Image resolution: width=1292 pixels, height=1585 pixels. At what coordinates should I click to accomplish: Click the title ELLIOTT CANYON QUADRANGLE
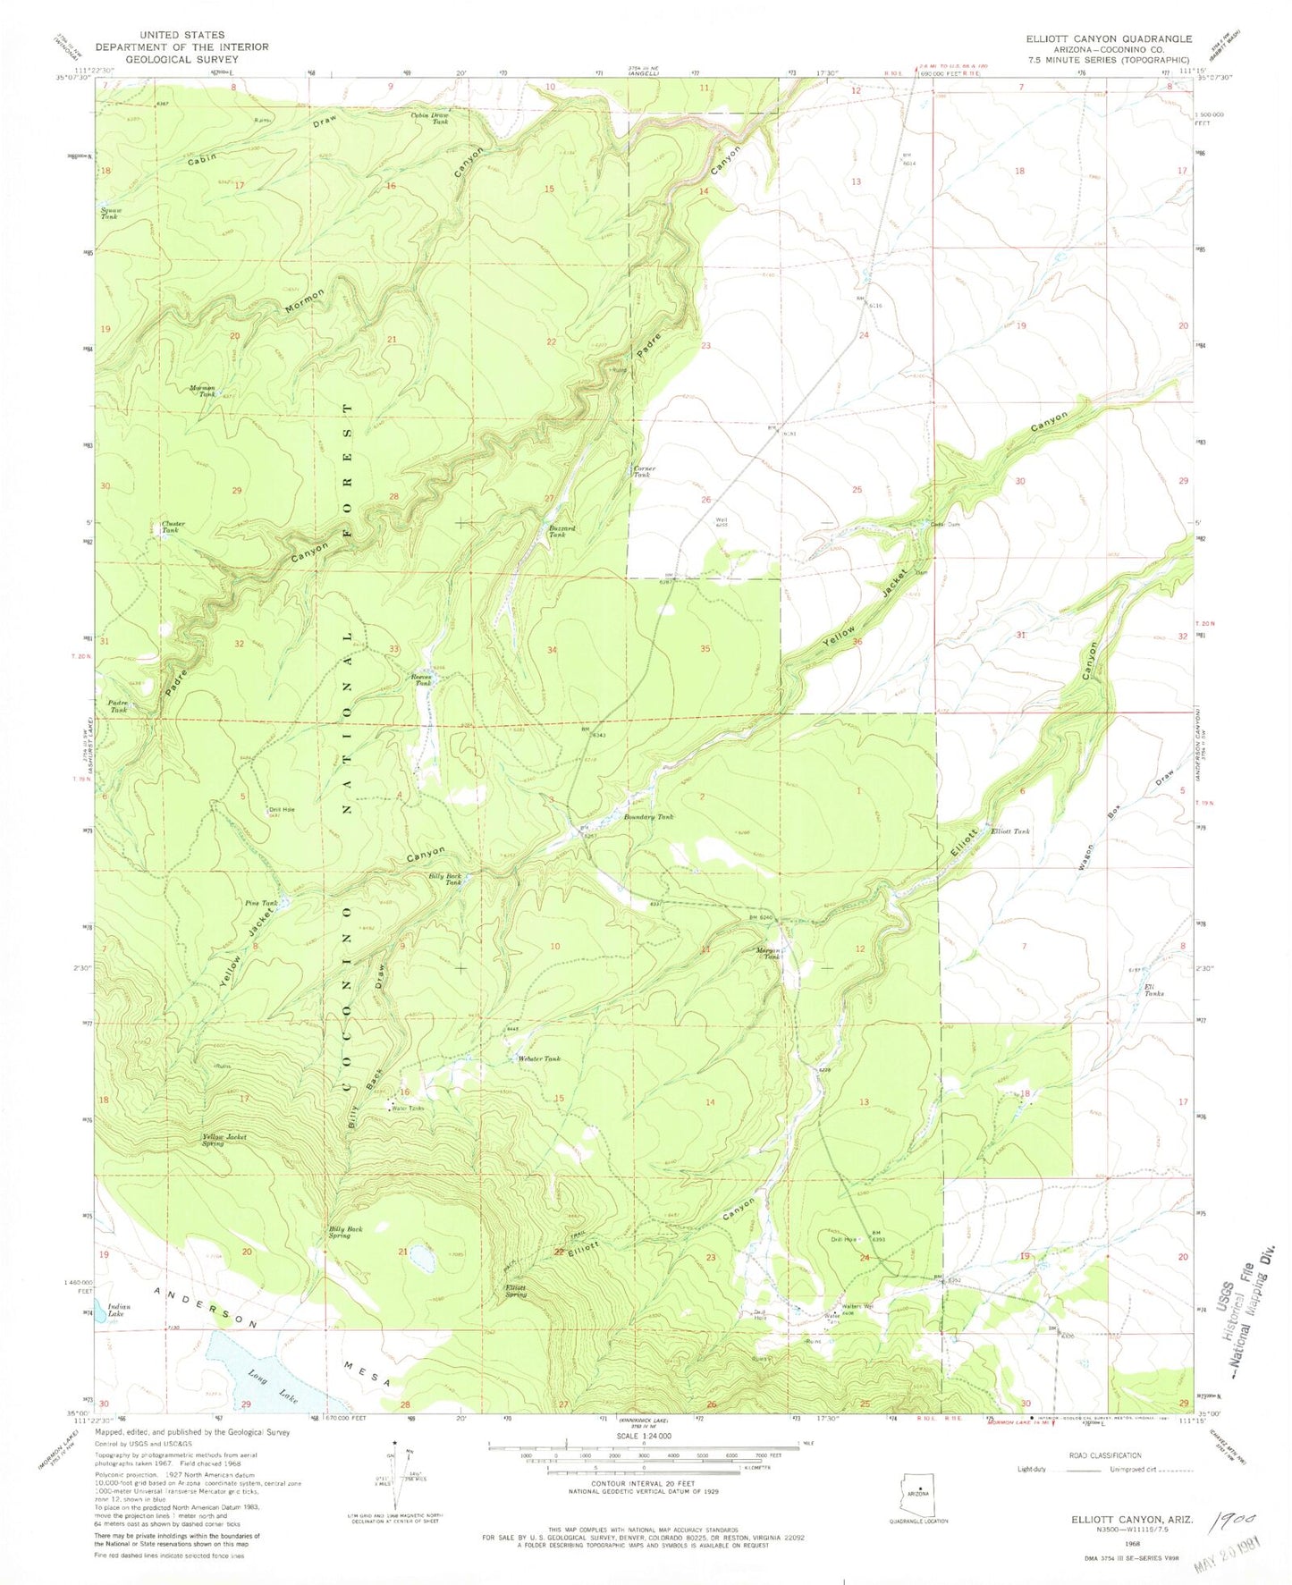coord(1109,38)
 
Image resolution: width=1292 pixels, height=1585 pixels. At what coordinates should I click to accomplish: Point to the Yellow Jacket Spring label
coord(224,1140)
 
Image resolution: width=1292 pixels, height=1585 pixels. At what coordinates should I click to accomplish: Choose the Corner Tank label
coord(644,472)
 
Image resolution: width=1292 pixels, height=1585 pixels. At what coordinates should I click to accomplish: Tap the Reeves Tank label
coord(421,679)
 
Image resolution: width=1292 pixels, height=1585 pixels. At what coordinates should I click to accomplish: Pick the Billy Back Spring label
coord(345,1232)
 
